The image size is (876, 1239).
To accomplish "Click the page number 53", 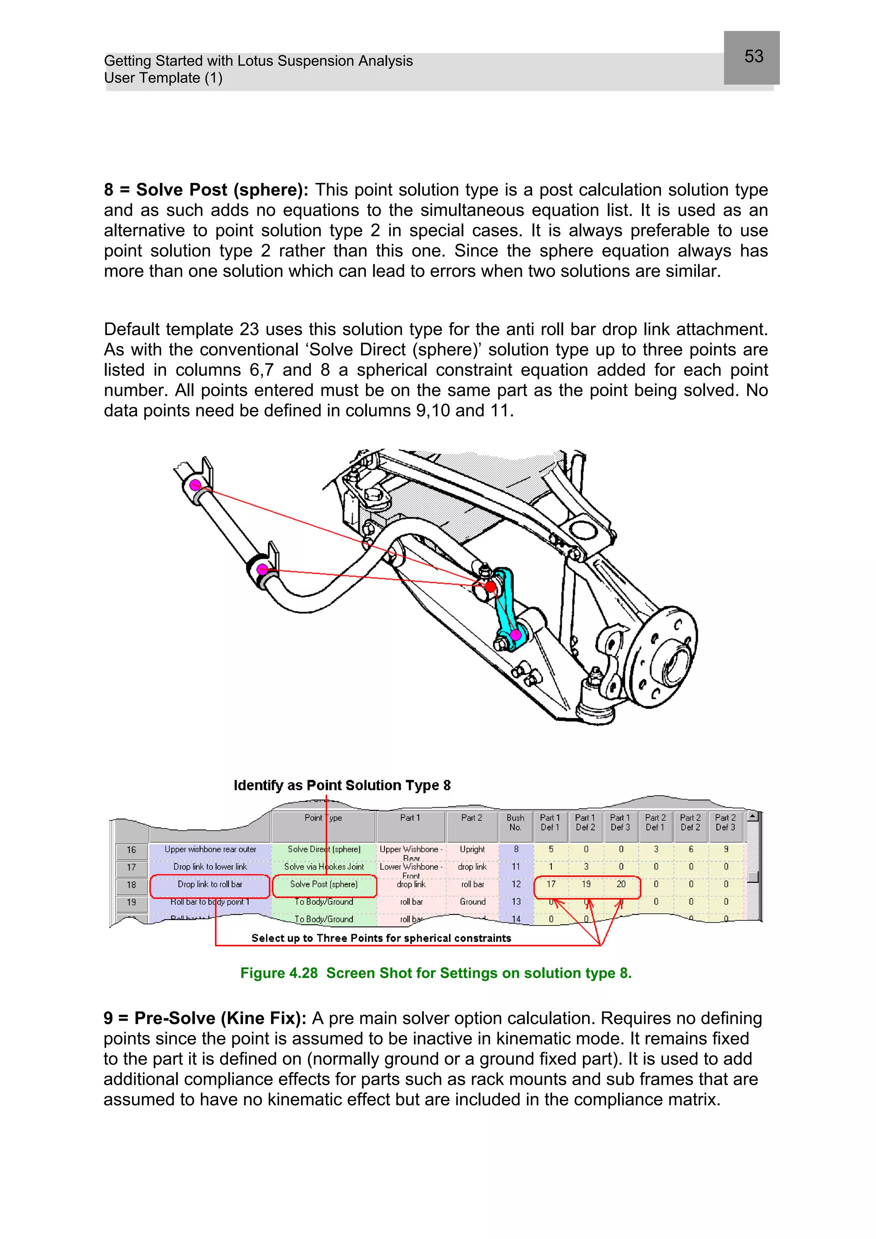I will pos(754,56).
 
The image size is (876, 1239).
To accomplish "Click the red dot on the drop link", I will pos(490,587).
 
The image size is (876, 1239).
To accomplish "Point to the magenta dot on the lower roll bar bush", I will pos(262,569).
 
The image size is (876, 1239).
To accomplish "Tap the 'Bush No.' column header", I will pos(515,823).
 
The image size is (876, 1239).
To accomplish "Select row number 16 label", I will pos(131,850).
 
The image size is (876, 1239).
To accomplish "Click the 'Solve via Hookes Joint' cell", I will pos(324,867).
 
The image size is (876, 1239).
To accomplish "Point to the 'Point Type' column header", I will pos(323,818).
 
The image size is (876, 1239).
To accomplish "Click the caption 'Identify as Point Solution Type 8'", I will pos(342,785).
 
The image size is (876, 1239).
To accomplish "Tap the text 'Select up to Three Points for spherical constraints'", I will pos(381,938).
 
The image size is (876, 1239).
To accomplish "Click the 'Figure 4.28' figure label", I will pos(278,973).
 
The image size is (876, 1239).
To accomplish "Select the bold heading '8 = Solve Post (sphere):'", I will pos(206,190).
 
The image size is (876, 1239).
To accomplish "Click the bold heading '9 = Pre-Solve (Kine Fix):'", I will pos(204,1018).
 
